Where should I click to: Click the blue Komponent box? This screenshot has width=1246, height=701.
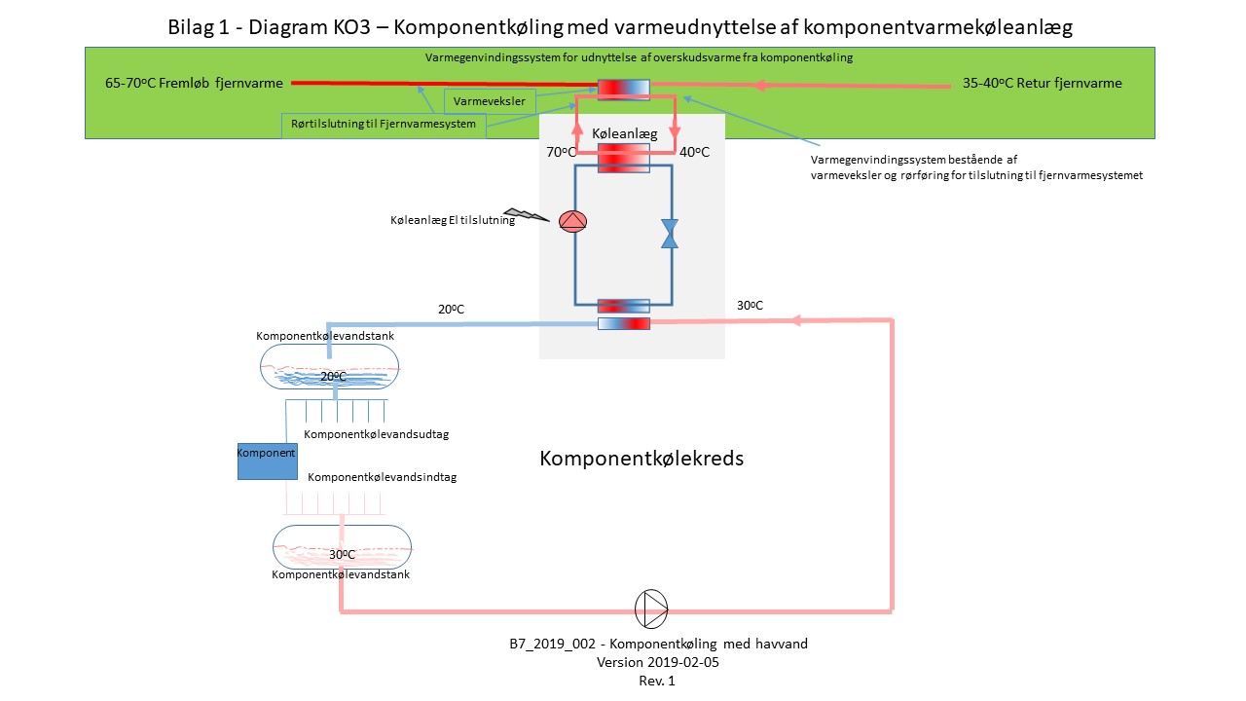[x=267, y=461]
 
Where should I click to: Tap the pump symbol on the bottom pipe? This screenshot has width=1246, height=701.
[x=651, y=609]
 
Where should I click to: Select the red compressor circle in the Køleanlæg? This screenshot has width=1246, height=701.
[x=572, y=222]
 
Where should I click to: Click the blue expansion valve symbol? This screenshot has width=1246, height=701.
[x=670, y=234]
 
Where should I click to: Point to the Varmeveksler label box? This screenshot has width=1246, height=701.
[x=490, y=100]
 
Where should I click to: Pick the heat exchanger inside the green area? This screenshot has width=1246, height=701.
[x=622, y=89]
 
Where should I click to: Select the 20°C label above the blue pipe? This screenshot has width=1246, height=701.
[x=451, y=309]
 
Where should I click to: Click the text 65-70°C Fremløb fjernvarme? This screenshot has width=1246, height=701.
[x=192, y=84]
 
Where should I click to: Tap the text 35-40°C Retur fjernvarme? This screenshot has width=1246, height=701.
[x=1042, y=84]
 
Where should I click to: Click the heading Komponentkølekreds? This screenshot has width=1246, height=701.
[x=641, y=458]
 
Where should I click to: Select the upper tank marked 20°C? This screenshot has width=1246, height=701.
[x=330, y=368]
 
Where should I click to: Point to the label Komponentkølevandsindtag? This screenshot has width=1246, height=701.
[x=383, y=478]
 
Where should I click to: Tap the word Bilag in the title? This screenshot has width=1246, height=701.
[x=193, y=27]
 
